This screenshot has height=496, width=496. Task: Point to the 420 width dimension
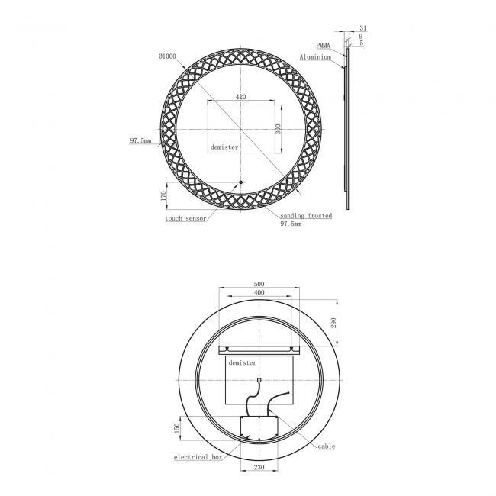tap(240, 97)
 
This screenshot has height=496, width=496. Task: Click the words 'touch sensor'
tap(185, 218)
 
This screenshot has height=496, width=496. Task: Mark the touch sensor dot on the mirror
tap(240, 182)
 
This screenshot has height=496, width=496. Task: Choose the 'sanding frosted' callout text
tap(305, 216)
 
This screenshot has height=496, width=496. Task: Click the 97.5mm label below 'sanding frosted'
tap(291, 225)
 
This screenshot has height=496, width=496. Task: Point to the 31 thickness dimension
tap(362, 28)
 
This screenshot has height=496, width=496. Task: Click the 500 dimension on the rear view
tap(259, 284)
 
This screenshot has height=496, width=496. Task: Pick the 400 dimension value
tap(259, 293)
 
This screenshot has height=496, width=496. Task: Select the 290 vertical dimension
tap(333, 324)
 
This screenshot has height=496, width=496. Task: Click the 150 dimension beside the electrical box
tap(176, 427)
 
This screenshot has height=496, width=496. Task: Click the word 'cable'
tap(327, 447)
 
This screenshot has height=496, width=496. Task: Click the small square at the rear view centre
tap(259, 380)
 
